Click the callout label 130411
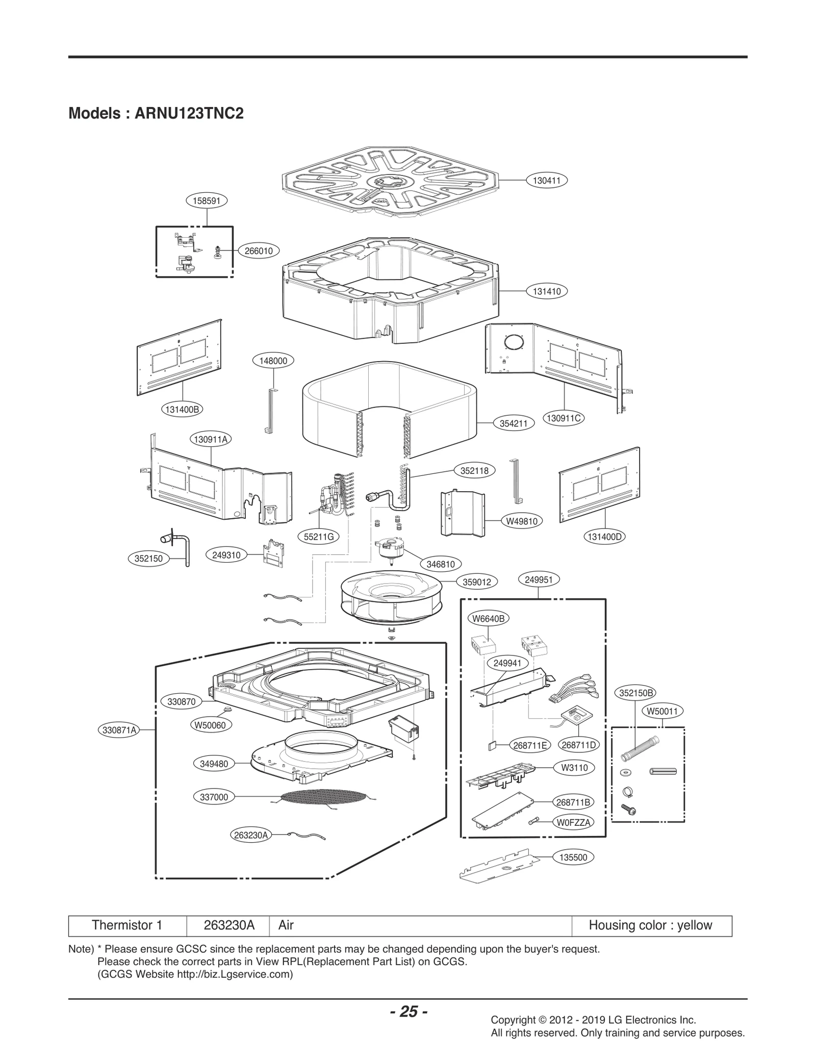point(547,180)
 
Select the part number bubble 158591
point(207,200)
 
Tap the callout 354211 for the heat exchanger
point(514,423)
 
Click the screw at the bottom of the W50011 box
point(628,808)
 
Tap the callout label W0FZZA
point(574,822)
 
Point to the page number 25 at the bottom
point(409,1011)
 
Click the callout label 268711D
point(579,745)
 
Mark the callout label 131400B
point(182,409)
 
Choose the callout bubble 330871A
point(119,730)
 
